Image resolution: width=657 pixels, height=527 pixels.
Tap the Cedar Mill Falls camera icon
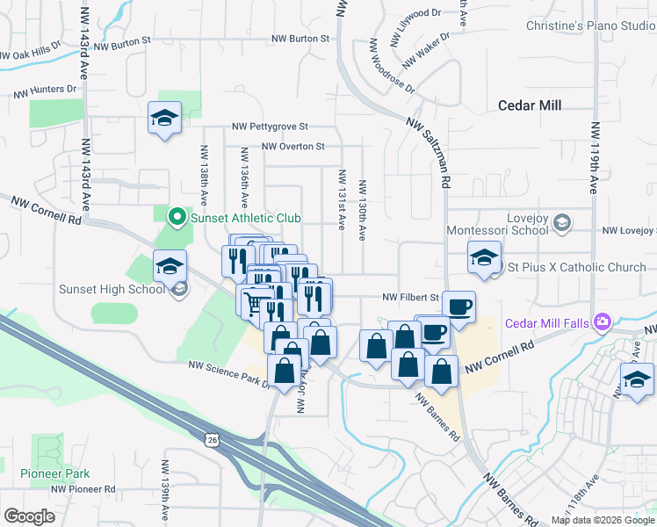(x=603, y=322)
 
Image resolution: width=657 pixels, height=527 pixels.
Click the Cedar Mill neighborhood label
(x=529, y=105)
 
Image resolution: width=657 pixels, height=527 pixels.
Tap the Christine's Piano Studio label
(x=590, y=25)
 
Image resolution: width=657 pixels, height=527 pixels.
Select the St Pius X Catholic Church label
(x=577, y=267)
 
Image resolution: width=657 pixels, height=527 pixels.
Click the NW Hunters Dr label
(x=45, y=90)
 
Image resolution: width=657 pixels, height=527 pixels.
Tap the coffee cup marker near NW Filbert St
(x=458, y=307)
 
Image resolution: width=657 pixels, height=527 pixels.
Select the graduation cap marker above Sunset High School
(x=170, y=265)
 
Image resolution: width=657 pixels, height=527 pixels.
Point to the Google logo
(x=29, y=516)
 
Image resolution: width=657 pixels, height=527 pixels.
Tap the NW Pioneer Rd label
(x=83, y=488)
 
